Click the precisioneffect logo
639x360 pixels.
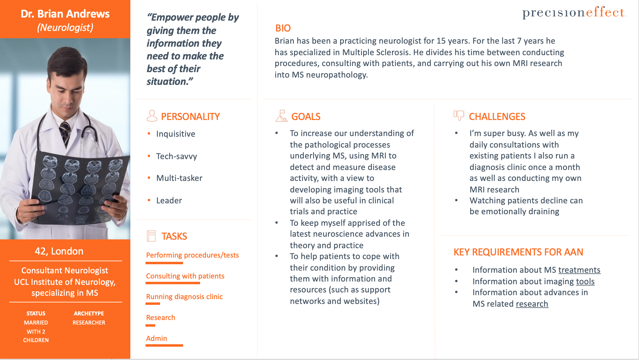[574, 12]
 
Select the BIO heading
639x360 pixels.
[283, 28]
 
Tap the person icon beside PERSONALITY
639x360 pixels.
[152, 116]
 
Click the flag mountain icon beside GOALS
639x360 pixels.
[281, 116]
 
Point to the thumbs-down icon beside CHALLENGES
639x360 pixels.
[459, 115]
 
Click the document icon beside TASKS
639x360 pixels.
[151, 236]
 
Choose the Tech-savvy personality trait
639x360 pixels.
[176, 156]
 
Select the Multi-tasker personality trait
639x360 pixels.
[179, 178]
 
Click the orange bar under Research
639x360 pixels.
[150, 325]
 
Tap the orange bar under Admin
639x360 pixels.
[164, 345]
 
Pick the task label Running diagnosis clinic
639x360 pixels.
[184, 297]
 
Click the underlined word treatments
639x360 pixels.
[579, 270]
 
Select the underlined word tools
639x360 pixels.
[585, 282]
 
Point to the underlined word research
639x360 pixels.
[532, 304]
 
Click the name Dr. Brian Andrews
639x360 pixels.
[65, 14]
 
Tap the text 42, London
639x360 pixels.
[59, 251]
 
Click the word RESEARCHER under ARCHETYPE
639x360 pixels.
[89, 323]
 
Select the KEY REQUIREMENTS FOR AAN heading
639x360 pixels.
[518, 252]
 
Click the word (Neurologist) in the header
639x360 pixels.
[65, 28]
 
